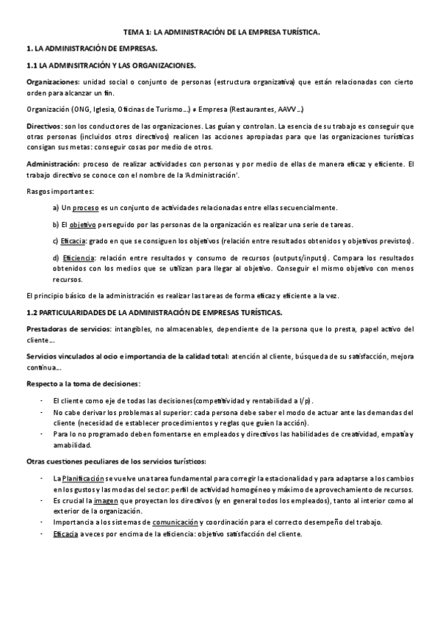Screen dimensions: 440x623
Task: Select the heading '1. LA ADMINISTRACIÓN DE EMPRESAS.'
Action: tap(91, 49)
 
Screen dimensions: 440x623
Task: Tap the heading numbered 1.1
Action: tap(110, 65)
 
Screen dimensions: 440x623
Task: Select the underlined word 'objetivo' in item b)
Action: tap(86, 224)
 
